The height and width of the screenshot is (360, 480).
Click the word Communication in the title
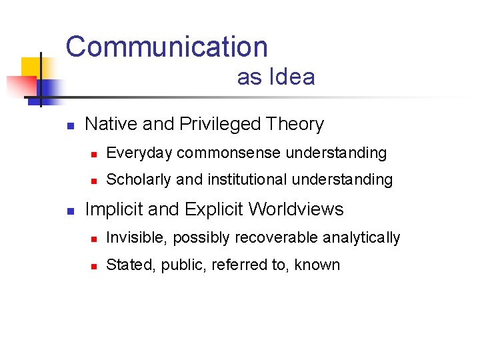[x=167, y=47]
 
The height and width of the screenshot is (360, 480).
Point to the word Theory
[x=295, y=125]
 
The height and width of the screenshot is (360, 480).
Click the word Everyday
[x=139, y=153]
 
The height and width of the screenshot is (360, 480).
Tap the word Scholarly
[x=139, y=179]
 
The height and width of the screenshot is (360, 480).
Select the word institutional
[x=248, y=179]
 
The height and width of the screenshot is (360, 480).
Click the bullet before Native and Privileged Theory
[x=69, y=125]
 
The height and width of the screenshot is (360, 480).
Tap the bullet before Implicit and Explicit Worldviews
[x=69, y=211]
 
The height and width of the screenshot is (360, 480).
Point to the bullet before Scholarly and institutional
[x=94, y=181]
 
